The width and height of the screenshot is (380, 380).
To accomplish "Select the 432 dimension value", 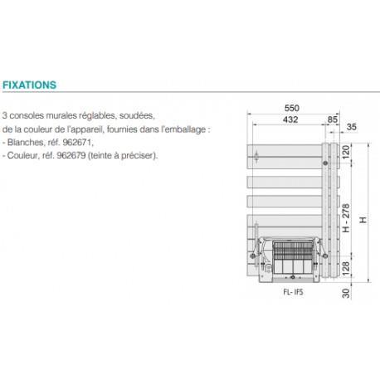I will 290,120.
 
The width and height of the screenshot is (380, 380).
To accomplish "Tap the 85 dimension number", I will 333,120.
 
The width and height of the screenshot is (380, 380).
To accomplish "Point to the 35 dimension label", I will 353,127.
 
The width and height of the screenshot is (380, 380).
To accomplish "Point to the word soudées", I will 138,117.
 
